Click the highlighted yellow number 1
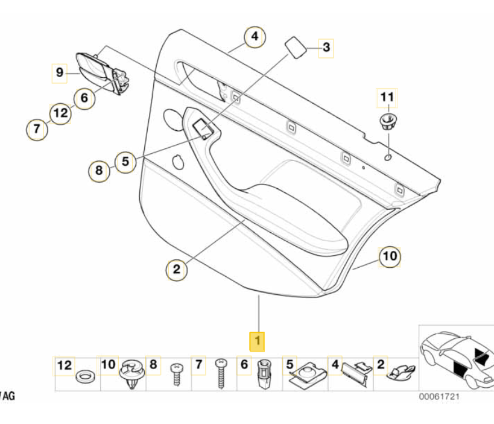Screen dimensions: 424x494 pos(258,341)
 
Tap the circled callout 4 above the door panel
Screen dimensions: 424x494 pos(255,37)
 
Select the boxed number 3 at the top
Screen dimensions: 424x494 pos(326,48)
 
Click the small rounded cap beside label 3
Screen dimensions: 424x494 pos(296,46)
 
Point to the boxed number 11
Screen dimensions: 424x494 pos(387,97)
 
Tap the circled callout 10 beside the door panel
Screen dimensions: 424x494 pos(389,256)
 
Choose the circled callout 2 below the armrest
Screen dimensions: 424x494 pos(177,269)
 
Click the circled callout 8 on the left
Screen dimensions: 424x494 pos(100,171)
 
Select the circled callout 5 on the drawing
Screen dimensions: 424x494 pos(125,161)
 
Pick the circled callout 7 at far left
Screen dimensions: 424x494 pos(37,128)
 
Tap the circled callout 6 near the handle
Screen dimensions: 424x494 pos(84,97)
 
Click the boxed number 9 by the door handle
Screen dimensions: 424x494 pos(59,73)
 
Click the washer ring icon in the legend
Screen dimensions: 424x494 pos(84,378)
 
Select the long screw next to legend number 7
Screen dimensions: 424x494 pos(220,373)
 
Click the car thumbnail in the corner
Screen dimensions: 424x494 pos(455,358)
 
